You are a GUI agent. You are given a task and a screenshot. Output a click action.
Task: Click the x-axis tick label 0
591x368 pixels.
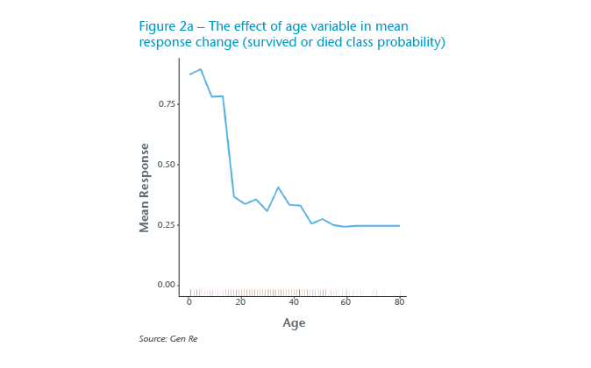(189, 302)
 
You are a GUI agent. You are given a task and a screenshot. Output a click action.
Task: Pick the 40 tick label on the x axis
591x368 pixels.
(294, 302)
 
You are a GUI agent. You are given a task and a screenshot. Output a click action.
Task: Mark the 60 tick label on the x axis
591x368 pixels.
(346, 302)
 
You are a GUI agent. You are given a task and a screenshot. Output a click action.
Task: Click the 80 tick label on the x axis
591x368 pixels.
(399, 302)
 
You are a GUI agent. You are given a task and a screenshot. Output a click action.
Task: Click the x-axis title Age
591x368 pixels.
(294, 323)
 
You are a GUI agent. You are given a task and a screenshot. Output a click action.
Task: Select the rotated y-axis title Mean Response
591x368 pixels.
(145, 188)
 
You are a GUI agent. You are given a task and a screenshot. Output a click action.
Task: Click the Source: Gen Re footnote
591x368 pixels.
(167, 339)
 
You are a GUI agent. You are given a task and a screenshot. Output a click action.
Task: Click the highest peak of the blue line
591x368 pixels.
(201, 69)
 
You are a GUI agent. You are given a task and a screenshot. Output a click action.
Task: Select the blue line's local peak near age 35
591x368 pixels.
(278, 188)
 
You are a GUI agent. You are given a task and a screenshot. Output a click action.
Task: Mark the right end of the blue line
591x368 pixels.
(399, 225)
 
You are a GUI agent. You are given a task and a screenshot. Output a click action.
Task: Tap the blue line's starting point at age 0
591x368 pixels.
(189, 74)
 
